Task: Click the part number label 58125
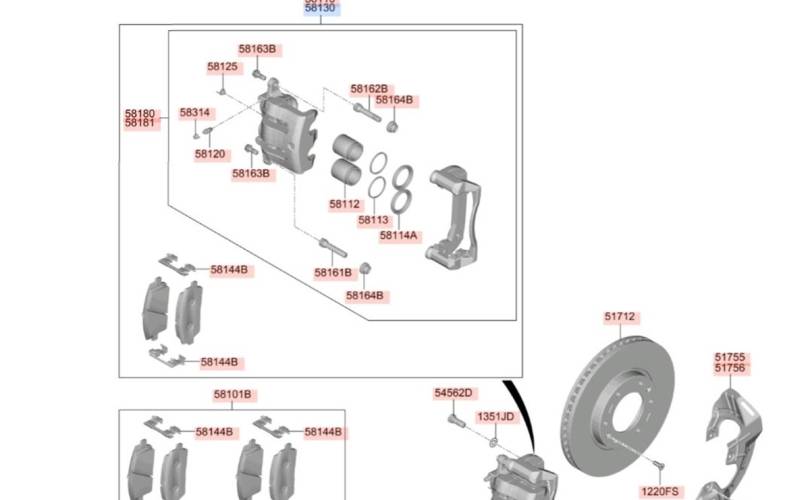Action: [223, 67]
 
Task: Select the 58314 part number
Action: [195, 113]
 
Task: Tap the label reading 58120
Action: [210, 154]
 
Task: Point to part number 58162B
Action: [368, 89]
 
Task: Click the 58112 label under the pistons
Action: [344, 204]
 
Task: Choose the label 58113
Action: [373, 220]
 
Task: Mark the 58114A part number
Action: [399, 236]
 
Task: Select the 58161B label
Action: [333, 272]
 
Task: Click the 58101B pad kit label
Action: [231, 395]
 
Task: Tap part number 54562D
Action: [453, 393]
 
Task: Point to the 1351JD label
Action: [494, 416]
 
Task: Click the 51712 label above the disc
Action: [619, 317]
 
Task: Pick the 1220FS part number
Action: [659, 491]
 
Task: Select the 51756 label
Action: [729, 368]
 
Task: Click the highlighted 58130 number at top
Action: [321, 8]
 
